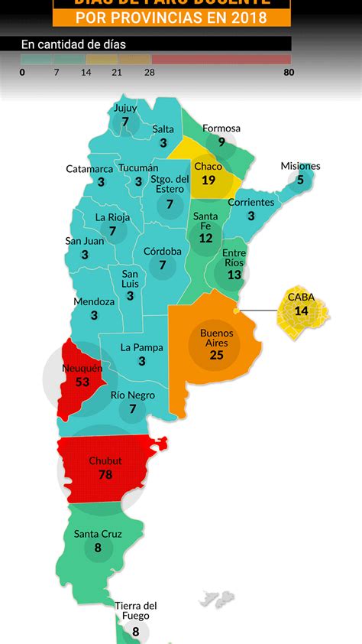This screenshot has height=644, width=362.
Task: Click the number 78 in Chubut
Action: coord(105,475)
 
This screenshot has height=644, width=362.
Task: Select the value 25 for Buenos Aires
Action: coord(217,355)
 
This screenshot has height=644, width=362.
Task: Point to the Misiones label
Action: coord(300,166)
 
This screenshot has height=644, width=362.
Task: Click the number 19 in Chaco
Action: coord(208,181)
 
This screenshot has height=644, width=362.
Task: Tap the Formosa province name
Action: coord(221,128)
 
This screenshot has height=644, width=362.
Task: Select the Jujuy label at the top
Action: coord(125,108)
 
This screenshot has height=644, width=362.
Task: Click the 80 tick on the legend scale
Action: coord(289,73)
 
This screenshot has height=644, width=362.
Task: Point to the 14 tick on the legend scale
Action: coord(86,73)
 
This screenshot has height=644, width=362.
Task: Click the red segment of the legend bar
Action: coord(221,59)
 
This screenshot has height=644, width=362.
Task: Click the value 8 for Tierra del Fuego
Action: coord(136,632)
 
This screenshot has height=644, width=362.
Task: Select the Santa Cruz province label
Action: coord(98,534)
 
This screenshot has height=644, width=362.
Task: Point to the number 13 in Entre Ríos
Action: coord(234,275)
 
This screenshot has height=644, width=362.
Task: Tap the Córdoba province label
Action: coord(162,251)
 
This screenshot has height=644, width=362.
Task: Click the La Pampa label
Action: coord(142,347)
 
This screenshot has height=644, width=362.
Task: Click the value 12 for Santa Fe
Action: coord(205,238)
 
